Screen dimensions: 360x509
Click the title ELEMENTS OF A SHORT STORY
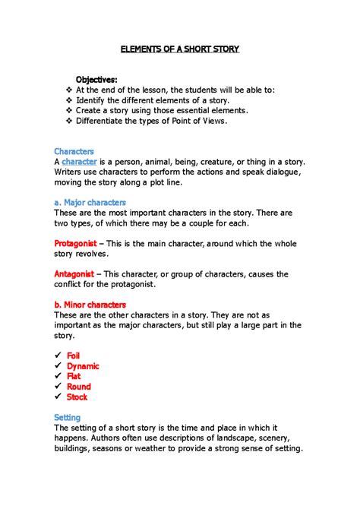180,49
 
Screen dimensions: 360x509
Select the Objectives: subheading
96,80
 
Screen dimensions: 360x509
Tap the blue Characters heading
74,151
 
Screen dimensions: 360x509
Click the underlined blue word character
79,162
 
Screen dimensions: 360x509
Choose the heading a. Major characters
90,203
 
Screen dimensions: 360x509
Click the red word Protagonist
75,243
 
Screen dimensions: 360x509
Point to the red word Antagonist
74,273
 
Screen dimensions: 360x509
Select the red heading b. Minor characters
90,305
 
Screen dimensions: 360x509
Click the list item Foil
74,356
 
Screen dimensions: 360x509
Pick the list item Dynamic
83,366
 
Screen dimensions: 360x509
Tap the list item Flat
74,376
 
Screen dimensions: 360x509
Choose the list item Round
78,387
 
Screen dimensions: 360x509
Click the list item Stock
77,397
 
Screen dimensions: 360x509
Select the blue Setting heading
70,417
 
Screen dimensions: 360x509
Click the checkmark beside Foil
58,356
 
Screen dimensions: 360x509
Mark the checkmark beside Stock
58,397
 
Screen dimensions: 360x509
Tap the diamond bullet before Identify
69,100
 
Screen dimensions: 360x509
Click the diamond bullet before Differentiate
69,121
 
